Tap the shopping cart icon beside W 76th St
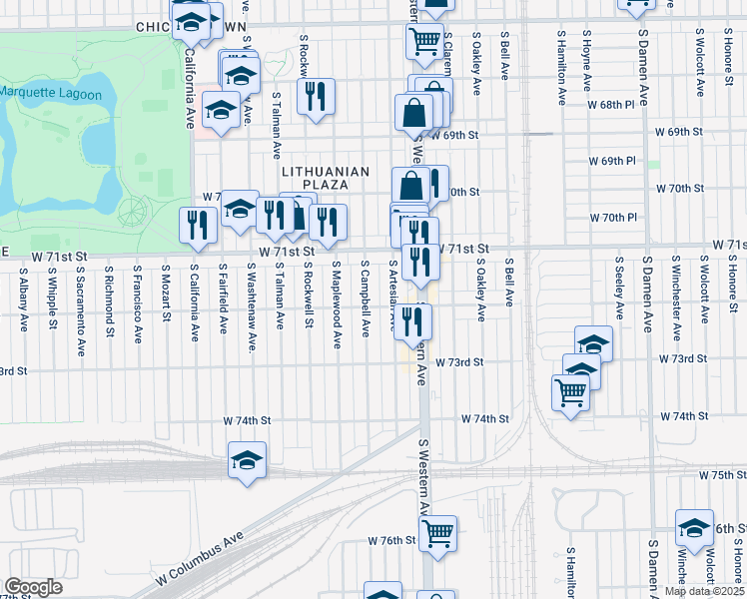pos(437,534)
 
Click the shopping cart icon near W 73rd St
pos(571,392)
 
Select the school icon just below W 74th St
pos(247,460)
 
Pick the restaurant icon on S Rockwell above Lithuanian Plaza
pos(316,96)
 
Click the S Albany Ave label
pos(22,296)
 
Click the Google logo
pos(33,587)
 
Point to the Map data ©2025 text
pos(705,591)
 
